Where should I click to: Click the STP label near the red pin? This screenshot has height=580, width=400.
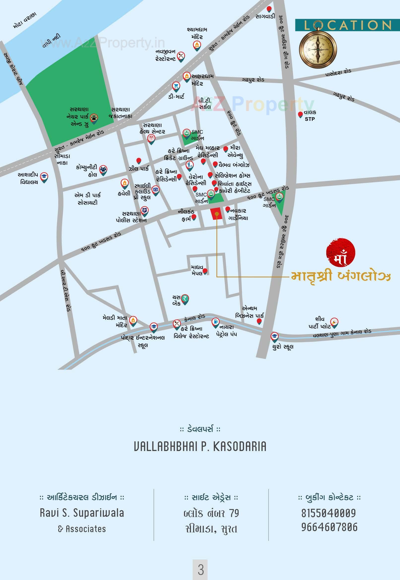[x=309, y=119]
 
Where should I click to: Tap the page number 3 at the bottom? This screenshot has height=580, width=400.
[x=201, y=570]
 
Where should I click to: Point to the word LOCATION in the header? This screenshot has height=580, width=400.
[x=347, y=25]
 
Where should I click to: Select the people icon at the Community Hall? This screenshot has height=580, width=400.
[x=103, y=169]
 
